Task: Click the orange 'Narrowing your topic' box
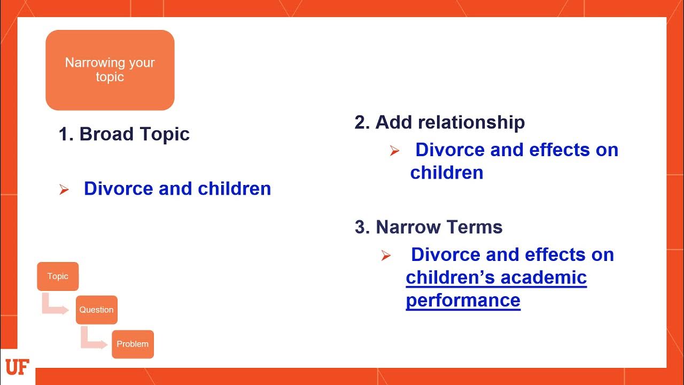(x=110, y=70)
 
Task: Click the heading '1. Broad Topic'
(x=124, y=134)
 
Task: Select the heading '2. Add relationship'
(x=439, y=122)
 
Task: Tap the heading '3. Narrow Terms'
(x=429, y=227)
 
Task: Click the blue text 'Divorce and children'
(x=177, y=189)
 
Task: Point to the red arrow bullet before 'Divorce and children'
(x=64, y=190)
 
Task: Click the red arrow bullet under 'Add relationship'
(x=394, y=151)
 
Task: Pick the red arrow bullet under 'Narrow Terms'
(x=386, y=256)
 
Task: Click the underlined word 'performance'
(x=463, y=300)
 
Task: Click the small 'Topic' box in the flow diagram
(x=58, y=276)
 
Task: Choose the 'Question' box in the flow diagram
(x=96, y=310)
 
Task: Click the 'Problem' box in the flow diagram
(x=133, y=344)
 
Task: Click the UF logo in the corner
(x=16, y=367)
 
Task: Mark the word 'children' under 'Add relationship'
(x=447, y=173)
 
